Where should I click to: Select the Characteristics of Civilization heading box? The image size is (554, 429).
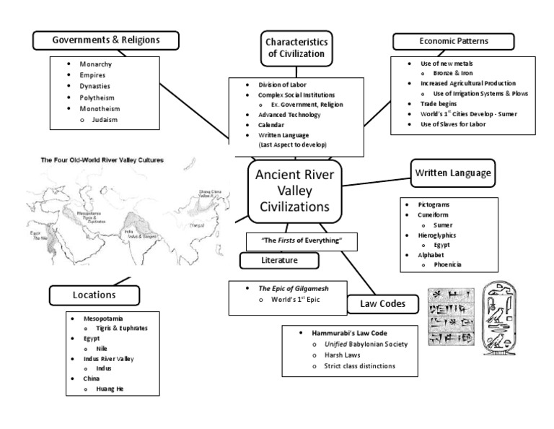[x=297, y=47]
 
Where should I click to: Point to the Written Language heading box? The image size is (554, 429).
[x=453, y=173]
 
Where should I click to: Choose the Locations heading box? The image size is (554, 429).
[x=94, y=295]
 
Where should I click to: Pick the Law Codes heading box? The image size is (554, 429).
[x=382, y=304]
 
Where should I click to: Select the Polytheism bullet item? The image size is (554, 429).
[x=98, y=97]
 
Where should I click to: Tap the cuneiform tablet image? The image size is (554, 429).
[x=452, y=316]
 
